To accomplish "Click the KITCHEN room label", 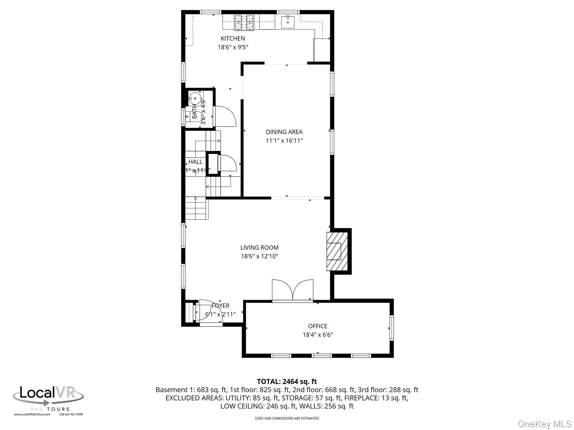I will [233, 39].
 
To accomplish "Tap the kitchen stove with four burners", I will [244, 22].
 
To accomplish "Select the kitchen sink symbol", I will [288, 22].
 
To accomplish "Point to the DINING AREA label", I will [284, 132].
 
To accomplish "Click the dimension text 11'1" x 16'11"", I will [284, 140].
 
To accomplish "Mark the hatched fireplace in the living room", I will [337, 251].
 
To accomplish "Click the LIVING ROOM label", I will [259, 247].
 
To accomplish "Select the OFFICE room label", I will [318, 326].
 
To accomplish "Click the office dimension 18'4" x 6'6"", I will [318, 335].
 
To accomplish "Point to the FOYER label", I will [221, 306].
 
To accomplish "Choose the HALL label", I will [195, 162].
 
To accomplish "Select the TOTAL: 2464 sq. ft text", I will [287, 381].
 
